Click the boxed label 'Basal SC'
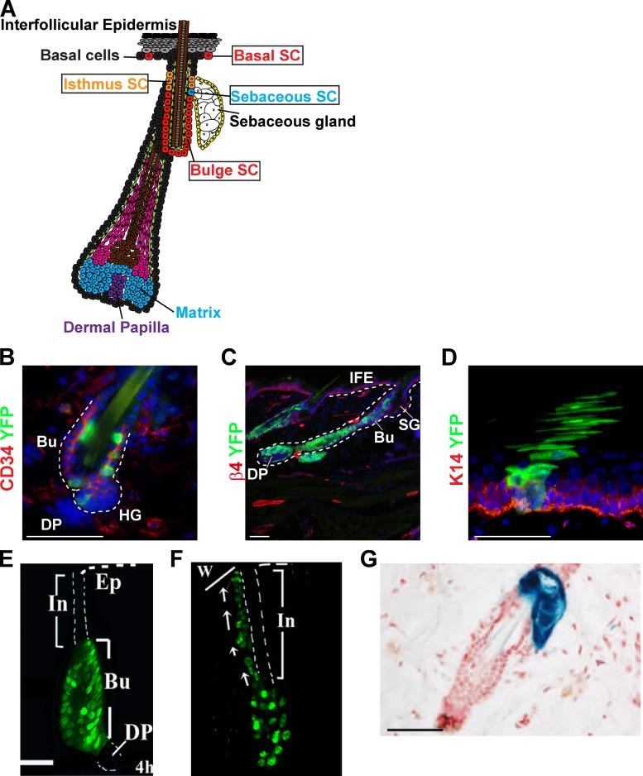(x=267, y=55)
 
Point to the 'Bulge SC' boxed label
(x=224, y=170)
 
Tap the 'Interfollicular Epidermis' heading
(x=88, y=25)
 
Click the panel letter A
(x=8, y=7)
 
